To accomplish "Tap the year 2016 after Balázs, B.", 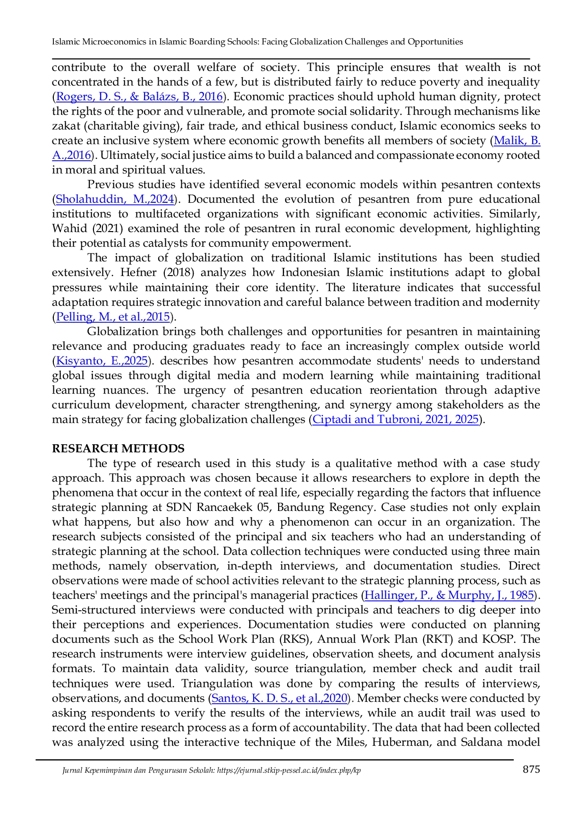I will (211, 96).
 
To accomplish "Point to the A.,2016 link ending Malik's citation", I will (72, 155).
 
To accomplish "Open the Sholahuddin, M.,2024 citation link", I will (115, 199).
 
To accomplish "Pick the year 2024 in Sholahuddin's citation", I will (162, 199).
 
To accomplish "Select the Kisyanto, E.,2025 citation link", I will (102, 361).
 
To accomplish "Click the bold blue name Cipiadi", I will (331, 419).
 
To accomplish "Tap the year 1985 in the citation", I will (522, 595).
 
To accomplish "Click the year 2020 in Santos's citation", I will (336, 698).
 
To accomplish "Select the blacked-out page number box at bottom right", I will (530, 769).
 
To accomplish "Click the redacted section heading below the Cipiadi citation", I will (117, 447).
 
